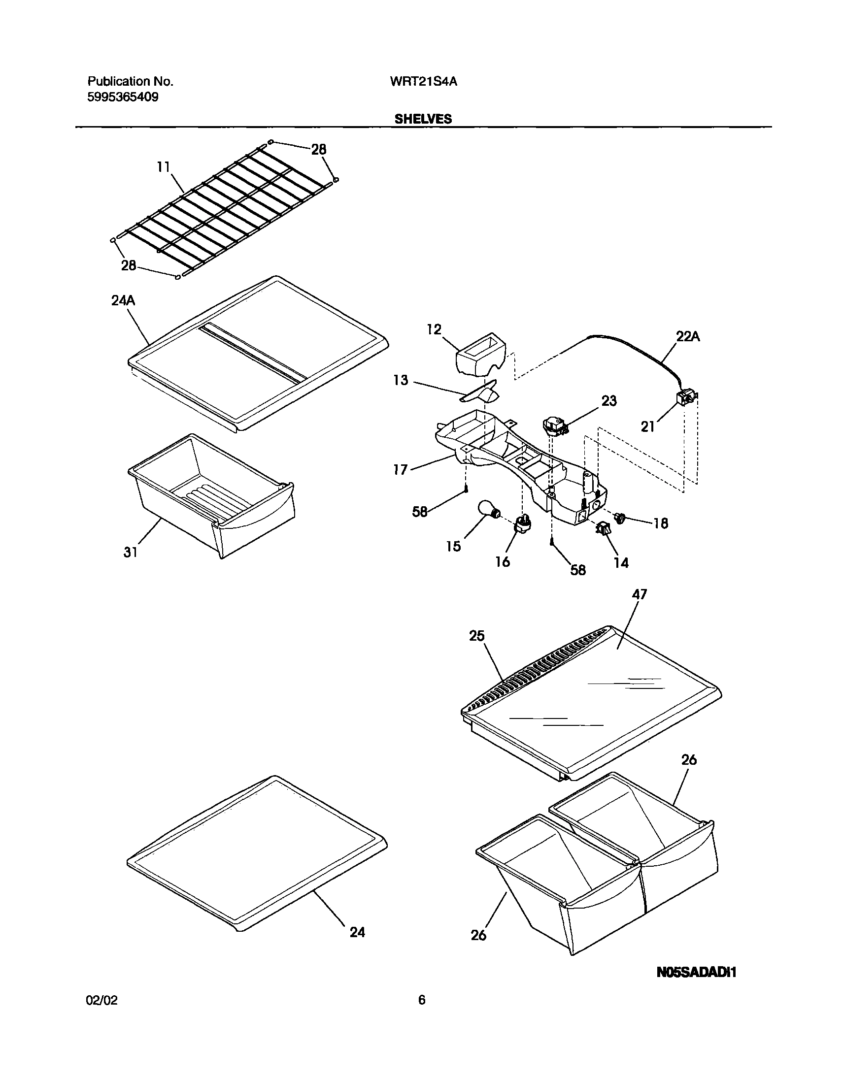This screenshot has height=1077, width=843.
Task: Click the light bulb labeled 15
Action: (486, 510)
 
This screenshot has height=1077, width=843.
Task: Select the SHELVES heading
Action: (423, 119)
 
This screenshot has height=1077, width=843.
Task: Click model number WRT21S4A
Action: (423, 82)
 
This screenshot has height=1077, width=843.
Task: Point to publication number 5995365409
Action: (123, 97)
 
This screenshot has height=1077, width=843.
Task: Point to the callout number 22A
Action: (687, 337)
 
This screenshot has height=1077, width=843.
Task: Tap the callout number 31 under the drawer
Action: (130, 553)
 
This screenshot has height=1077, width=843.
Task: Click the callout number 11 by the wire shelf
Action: (164, 167)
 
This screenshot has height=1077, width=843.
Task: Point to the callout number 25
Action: (477, 636)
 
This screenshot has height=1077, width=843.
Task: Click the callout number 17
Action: (400, 469)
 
